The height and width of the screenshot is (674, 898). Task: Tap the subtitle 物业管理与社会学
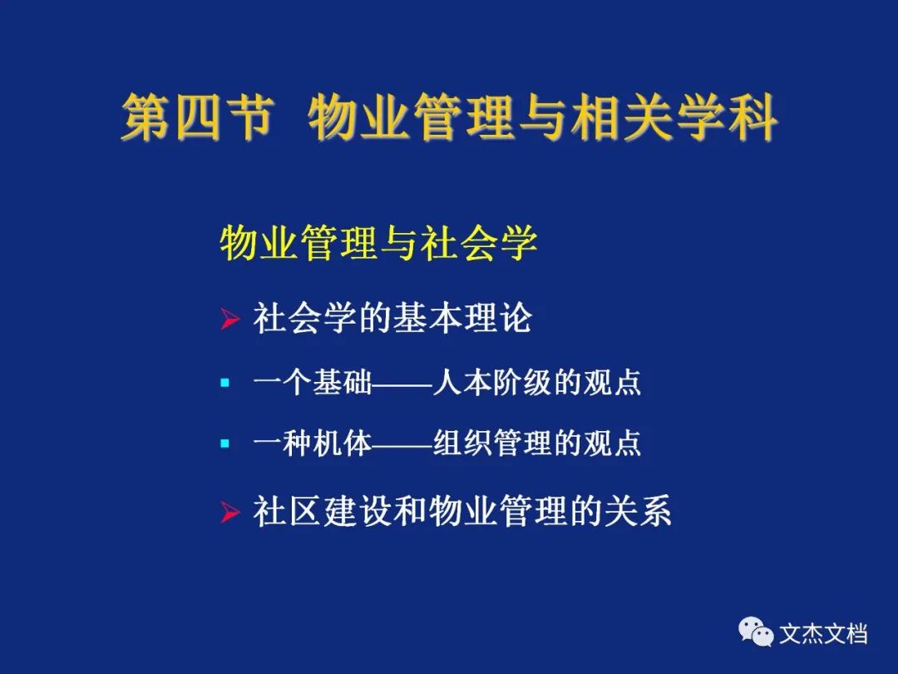378,243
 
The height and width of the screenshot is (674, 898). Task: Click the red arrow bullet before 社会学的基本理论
229,319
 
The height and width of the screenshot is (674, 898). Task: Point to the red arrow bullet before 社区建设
229,511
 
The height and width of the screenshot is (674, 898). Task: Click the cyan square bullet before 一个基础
225,382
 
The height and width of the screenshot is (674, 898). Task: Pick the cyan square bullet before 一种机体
225,443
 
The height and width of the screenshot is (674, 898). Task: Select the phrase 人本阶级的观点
536,382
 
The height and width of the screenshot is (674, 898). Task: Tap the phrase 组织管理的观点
536,443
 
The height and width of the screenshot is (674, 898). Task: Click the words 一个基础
312,382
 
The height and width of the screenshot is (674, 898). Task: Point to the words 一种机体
312,443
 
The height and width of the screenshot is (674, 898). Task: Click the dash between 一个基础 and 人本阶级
402,384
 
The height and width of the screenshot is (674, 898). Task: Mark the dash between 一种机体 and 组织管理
402,444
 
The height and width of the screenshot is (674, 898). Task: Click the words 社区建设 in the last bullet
323,511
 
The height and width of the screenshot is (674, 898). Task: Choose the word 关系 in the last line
637,511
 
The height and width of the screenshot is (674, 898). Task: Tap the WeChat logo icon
756,632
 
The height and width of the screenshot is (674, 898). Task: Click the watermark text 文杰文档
823,634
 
